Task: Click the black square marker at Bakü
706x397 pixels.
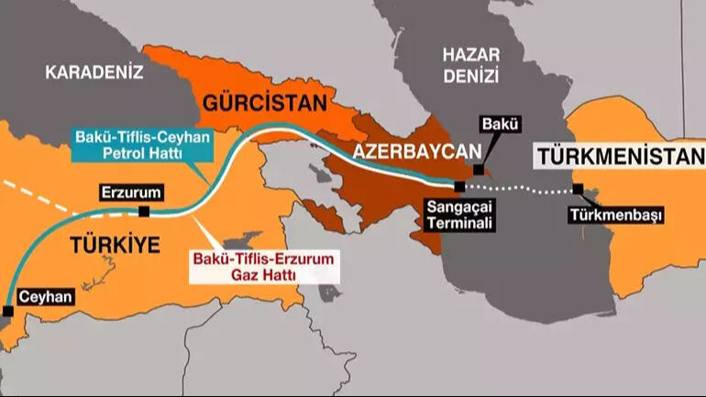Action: click(x=478, y=170)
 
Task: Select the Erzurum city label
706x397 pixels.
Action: click(x=132, y=193)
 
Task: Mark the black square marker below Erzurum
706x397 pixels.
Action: click(x=144, y=212)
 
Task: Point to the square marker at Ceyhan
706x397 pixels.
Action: click(x=7, y=312)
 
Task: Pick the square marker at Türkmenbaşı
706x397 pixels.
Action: click(x=578, y=191)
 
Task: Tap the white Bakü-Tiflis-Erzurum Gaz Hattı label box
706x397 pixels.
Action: click(x=263, y=267)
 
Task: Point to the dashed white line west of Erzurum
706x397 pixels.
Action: click(x=37, y=194)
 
